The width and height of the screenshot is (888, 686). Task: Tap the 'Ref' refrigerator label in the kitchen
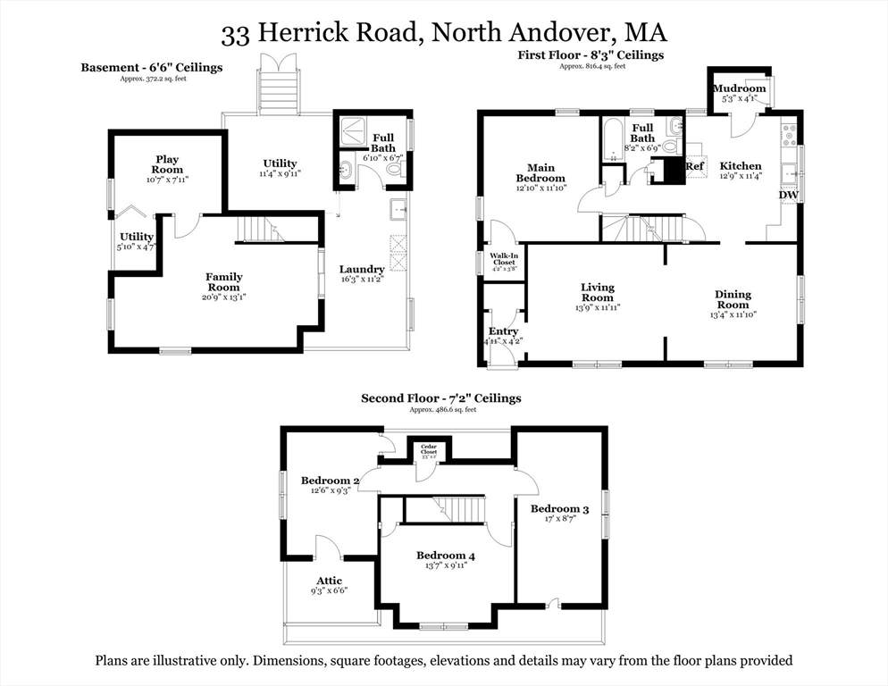694,166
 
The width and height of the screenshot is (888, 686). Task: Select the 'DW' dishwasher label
788,195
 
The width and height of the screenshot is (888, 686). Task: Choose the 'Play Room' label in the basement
167,164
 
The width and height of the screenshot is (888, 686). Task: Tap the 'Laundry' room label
362,269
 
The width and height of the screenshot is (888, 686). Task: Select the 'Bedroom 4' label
445,556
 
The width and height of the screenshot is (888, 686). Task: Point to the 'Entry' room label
504,331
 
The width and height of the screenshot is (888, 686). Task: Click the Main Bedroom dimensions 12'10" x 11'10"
540,188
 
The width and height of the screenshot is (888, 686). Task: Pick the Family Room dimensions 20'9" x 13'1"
223,297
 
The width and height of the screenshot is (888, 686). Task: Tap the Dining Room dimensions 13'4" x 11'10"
732,314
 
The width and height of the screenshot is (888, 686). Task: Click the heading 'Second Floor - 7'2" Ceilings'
440,398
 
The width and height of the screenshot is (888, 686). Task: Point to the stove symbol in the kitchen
790,135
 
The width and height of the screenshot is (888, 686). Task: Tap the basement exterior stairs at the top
278,89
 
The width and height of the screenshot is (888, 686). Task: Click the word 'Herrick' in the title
313,34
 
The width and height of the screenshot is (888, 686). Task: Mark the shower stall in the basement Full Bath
348,134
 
